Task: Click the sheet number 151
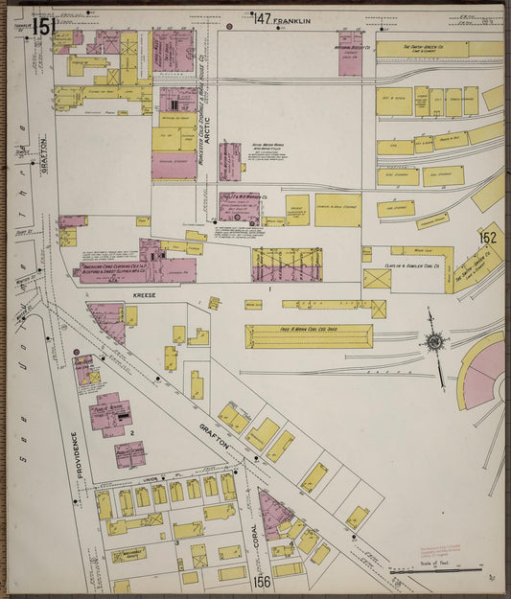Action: point(42,27)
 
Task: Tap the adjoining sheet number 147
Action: point(261,17)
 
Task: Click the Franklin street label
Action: point(292,19)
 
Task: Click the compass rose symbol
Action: point(435,342)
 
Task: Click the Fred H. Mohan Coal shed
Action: point(309,335)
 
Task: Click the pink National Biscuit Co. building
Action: point(350,55)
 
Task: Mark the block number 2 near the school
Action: point(130,433)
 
